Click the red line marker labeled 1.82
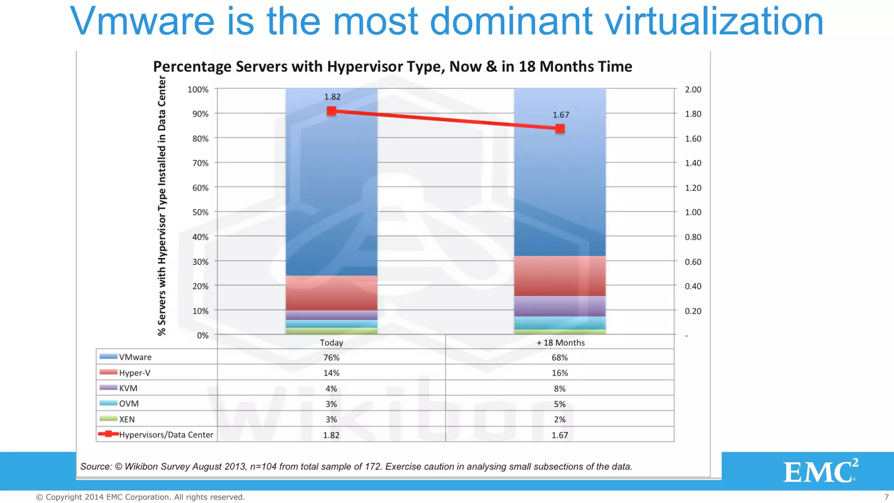(x=332, y=111)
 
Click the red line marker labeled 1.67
(x=560, y=128)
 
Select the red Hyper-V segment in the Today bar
(x=331, y=293)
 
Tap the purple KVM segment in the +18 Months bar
(x=560, y=306)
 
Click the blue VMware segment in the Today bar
(x=331, y=183)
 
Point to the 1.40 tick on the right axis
(x=693, y=163)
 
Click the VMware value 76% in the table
(x=331, y=358)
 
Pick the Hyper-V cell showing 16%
(x=560, y=373)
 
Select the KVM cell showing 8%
(x=560, y=389)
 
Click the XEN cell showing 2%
(x=560, y=420)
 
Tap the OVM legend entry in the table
(x=128, y=404)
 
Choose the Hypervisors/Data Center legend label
(x=166, y=435)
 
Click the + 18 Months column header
(x=560, y=343)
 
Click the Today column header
(x=331, y=343)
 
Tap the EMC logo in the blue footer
(x=819, y=471)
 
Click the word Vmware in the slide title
(x=142, y=22)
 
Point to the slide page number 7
(x=886, y=497)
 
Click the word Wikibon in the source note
(x=141, y=466)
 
